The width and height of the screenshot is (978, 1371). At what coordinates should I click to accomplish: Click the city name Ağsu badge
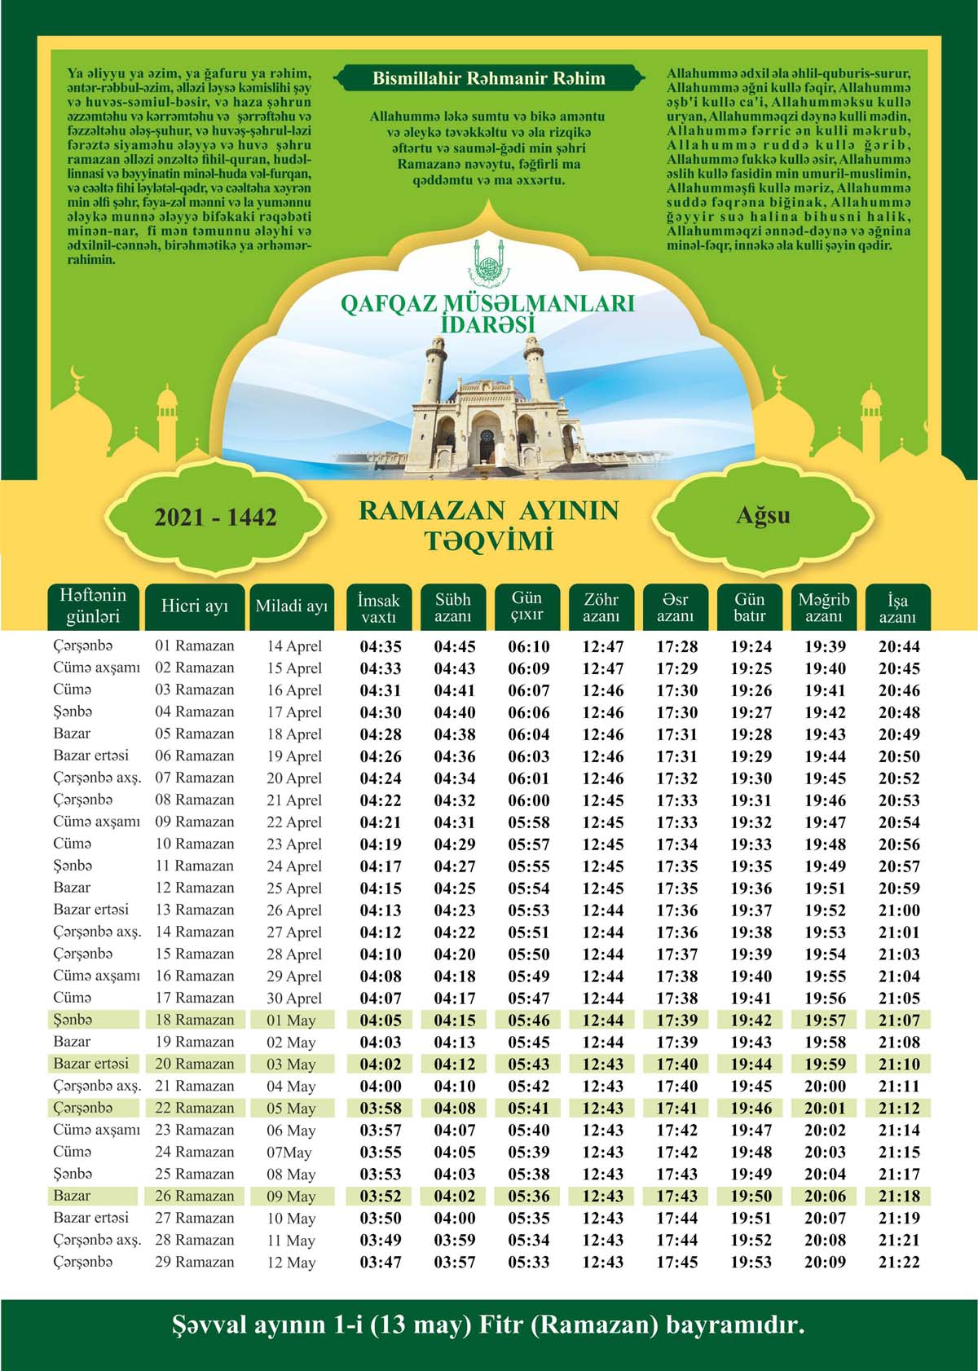(x=763, y=516)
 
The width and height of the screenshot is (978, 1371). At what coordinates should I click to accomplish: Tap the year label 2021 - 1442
(x=215, y=518)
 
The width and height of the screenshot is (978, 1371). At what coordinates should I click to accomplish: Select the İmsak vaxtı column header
(x=379, y=608)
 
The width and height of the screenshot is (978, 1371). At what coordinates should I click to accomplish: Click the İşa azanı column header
(x=897, y=608)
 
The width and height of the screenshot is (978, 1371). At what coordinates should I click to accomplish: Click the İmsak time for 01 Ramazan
(x=381, y=647)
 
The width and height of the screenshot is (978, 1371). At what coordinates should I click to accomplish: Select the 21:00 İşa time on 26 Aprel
(x=900, y=910)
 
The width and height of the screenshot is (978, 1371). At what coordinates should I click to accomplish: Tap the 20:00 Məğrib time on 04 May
(x=825, y=1087)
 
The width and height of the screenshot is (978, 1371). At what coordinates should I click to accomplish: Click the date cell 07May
(x=289, y=1153)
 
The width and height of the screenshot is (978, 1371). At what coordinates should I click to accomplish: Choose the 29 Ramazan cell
(x=195, y=1262)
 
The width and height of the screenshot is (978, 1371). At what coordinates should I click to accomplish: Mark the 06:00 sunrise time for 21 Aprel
(x=529, y=800)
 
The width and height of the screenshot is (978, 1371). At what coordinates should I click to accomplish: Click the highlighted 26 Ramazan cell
(x=195, y=1196)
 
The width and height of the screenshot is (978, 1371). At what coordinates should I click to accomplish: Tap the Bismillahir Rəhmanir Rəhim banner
(x=489, y=79)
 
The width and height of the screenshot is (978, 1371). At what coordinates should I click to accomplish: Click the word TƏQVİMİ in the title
(x=488, y=540)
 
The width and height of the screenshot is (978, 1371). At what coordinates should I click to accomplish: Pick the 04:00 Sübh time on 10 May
(x=455, y=1219)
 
